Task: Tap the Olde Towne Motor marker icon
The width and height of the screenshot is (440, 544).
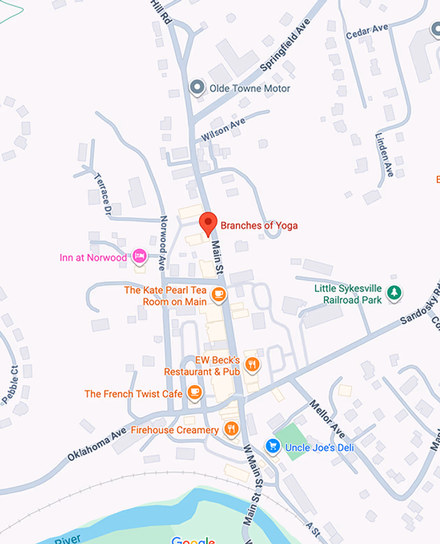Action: (198, 88)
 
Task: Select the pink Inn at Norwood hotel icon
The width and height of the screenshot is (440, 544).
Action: (140, 257)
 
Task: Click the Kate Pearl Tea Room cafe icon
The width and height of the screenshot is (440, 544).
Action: (219, 294)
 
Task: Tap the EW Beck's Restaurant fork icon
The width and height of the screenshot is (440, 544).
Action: (252, 364)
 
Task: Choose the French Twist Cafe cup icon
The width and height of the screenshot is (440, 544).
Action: (195, 393)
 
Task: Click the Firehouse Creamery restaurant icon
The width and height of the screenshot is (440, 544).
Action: (231, 429)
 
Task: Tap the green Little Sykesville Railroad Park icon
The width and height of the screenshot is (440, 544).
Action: (395, 292)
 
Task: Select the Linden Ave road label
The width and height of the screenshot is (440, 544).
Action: (384, 155)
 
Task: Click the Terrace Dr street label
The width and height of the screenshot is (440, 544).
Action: (103, 193)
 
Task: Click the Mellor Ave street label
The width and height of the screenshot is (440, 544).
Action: (328, 419)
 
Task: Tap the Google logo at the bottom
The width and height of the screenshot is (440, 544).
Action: (193, 541)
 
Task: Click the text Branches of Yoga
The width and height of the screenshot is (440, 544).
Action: (259, 225)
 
